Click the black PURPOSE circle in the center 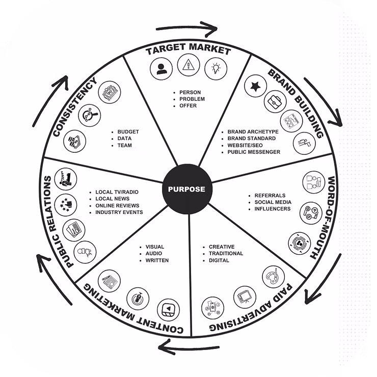pos(186,189)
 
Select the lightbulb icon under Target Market pos(216,67)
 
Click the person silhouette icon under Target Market pos(161,68)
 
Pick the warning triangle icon pos(188,65)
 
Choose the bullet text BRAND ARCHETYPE pos(253,132)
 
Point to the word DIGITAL pos(219,260)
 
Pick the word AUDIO pos(154,254)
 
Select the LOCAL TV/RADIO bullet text pos(117,192)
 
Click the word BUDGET pos(128,132)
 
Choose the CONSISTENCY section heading pos(75,107)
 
